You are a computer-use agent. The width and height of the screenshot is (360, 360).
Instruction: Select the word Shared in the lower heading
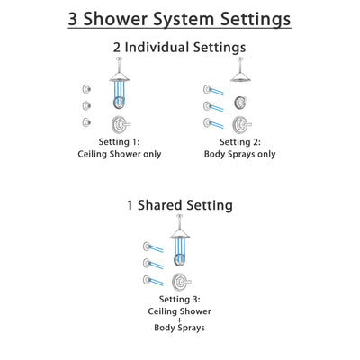[175, 204]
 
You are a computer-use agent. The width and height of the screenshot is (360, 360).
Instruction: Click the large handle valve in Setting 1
[117, 124]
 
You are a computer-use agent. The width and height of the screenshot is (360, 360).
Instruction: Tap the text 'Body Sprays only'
[239, 156]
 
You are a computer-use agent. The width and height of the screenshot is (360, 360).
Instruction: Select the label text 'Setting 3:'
[180, 298]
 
